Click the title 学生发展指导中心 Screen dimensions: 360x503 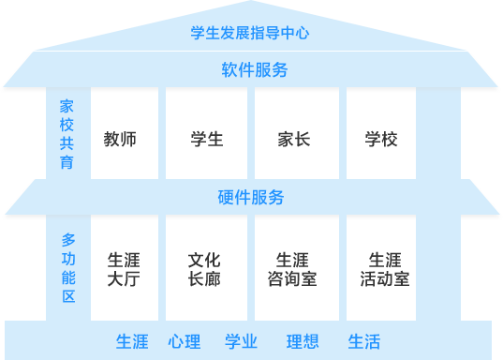point(249,33)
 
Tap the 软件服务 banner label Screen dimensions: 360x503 point(254,70)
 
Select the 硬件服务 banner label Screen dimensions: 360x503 point(250,198)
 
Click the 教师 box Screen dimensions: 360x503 point(120,139)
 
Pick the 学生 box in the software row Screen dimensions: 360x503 point(206,139)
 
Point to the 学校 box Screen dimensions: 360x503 point(381,139)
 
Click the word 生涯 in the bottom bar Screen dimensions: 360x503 point(132,341)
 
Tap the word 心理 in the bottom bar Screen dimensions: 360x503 point(185,341)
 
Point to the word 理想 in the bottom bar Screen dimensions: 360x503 point(302,341)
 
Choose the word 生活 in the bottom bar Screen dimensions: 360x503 point(363,341)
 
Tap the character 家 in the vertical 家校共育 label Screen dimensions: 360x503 point(67,105)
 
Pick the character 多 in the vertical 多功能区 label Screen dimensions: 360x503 point(68,239)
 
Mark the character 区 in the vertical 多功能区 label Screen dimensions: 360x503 point(68,298)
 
